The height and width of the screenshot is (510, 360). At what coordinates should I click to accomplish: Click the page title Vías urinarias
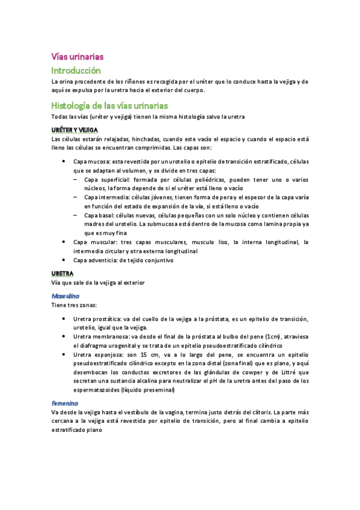(78, 56)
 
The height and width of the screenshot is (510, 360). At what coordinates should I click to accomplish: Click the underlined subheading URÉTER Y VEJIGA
(75, 129)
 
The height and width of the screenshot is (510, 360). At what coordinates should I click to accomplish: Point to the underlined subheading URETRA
(63, 273)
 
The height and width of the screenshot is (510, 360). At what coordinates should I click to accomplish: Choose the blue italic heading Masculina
(66, 296)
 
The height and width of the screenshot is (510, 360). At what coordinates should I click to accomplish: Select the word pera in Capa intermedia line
(230, 197)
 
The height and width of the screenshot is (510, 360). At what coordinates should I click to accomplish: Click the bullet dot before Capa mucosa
(64, 162)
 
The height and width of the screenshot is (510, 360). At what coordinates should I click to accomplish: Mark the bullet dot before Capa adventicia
(64, 260)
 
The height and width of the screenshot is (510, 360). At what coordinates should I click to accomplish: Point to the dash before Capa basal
(76, 215)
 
